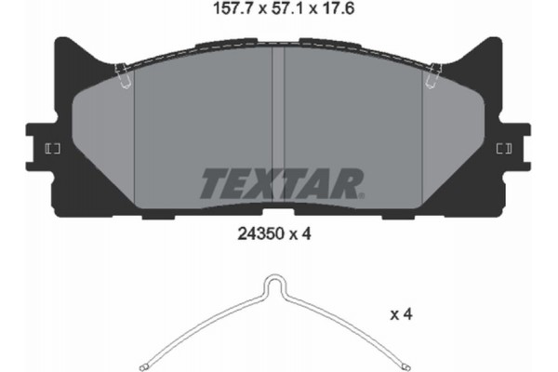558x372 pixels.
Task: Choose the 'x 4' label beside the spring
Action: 402,316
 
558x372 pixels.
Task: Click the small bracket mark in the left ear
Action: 52,149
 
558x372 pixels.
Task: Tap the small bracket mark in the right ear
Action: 505,149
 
